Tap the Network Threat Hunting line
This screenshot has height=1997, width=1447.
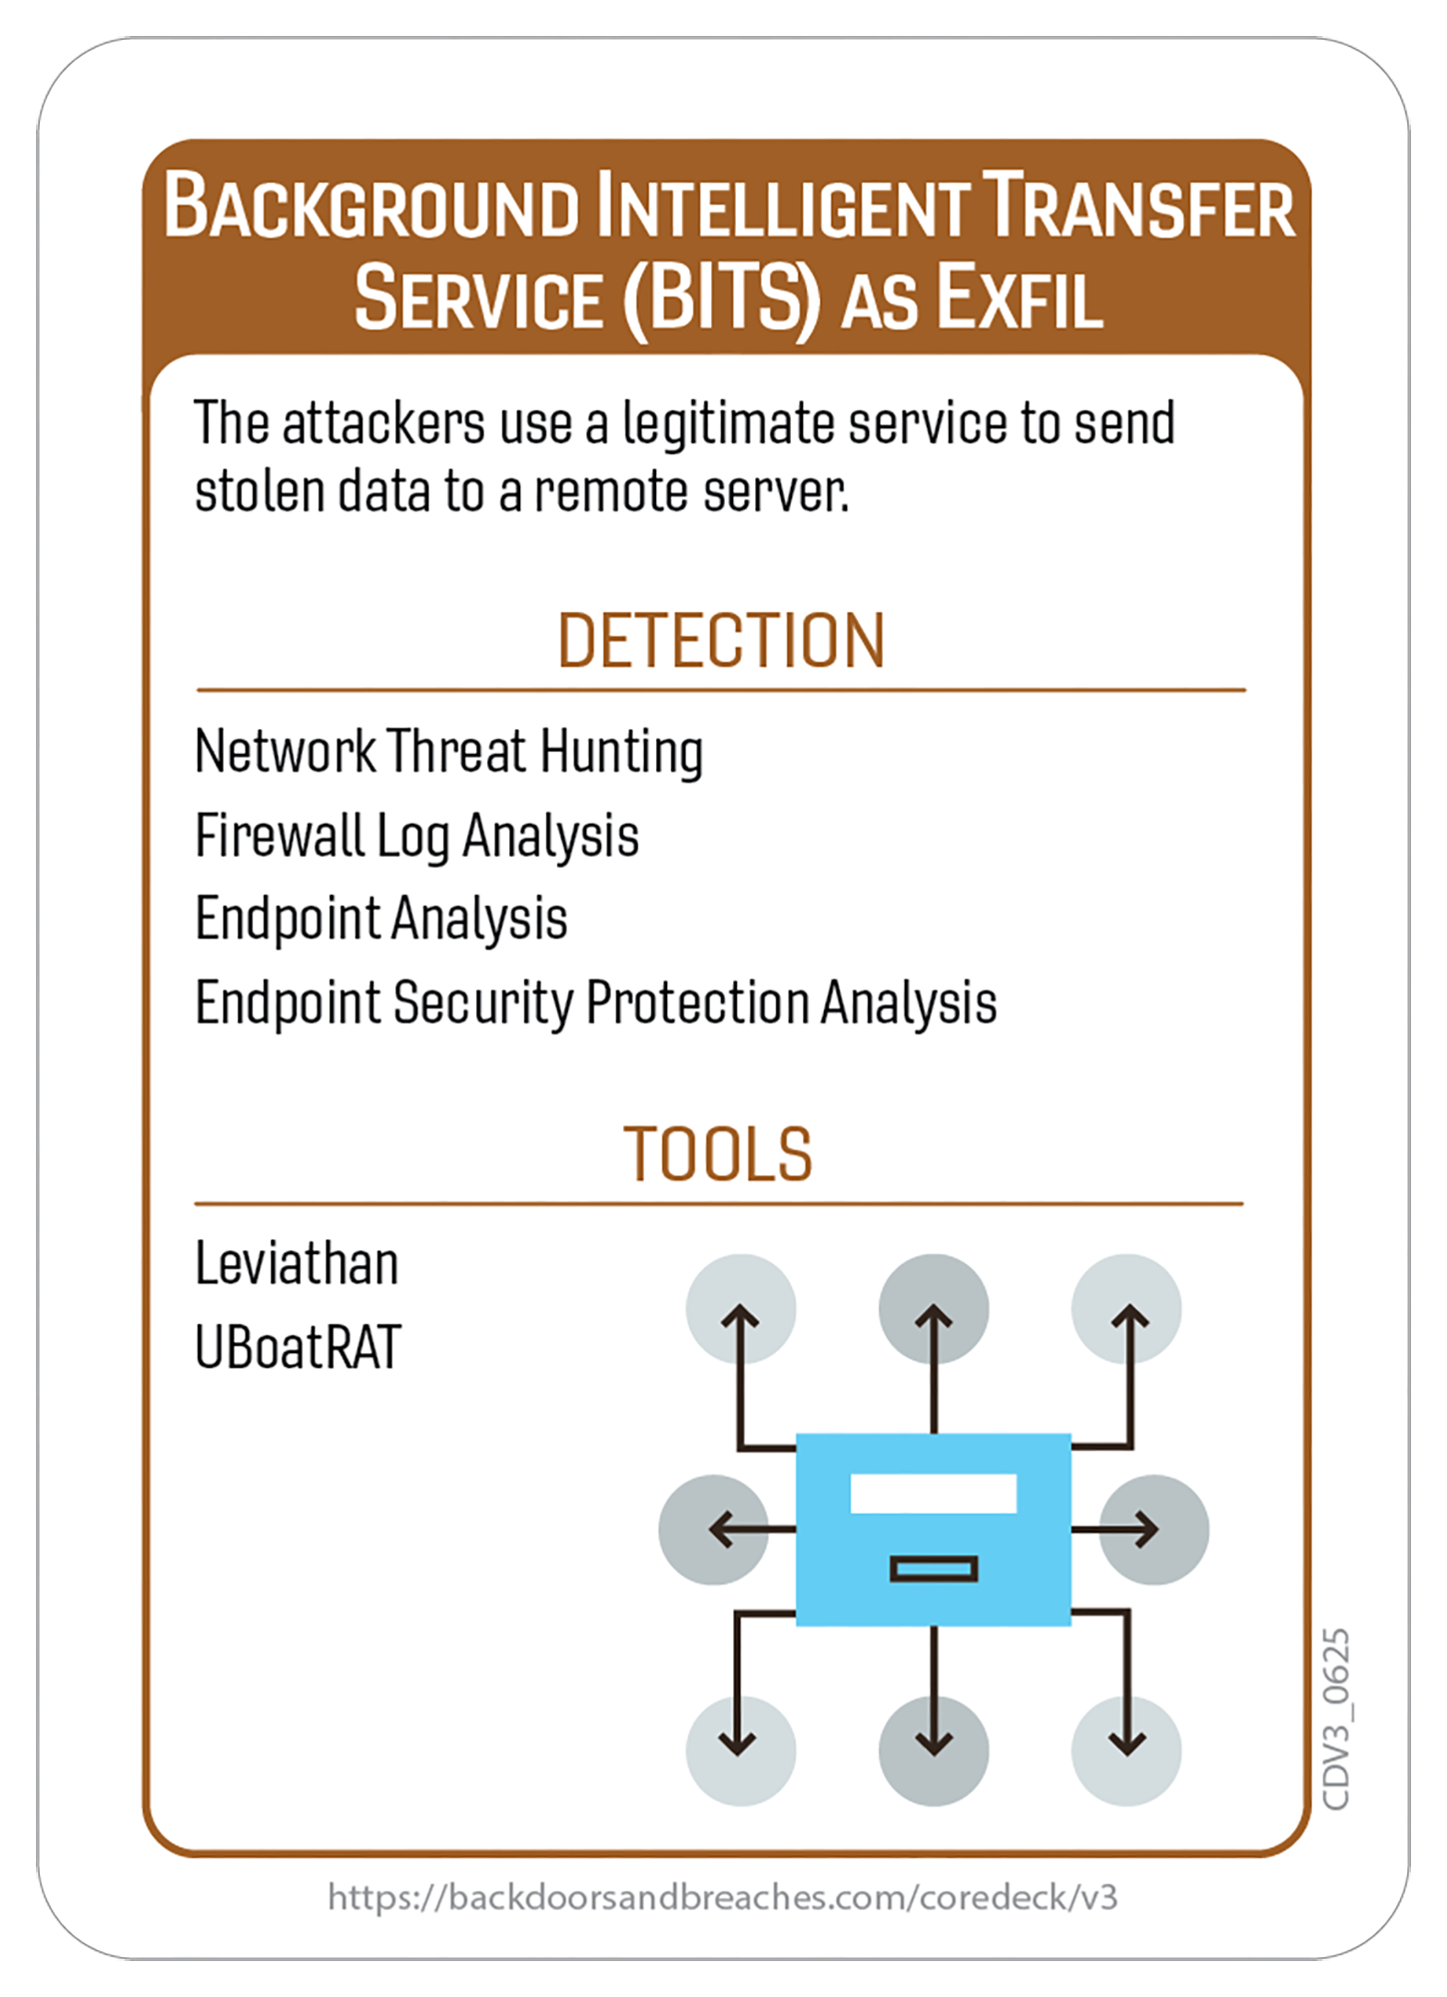(449, 752)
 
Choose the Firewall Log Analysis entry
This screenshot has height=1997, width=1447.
(416, 836)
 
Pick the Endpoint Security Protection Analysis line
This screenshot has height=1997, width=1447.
(596, 1002)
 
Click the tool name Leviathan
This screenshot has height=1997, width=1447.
(297, 1264)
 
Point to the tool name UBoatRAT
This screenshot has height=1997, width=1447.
(298, 1347)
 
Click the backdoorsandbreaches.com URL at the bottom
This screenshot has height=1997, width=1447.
(722, 1896)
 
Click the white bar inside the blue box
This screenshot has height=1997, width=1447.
(933, 1494)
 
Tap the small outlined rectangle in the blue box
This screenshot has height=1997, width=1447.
(933, 1569)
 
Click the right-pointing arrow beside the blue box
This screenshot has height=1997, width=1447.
(1133, 1529)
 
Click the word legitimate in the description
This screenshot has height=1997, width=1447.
(732, 423)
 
